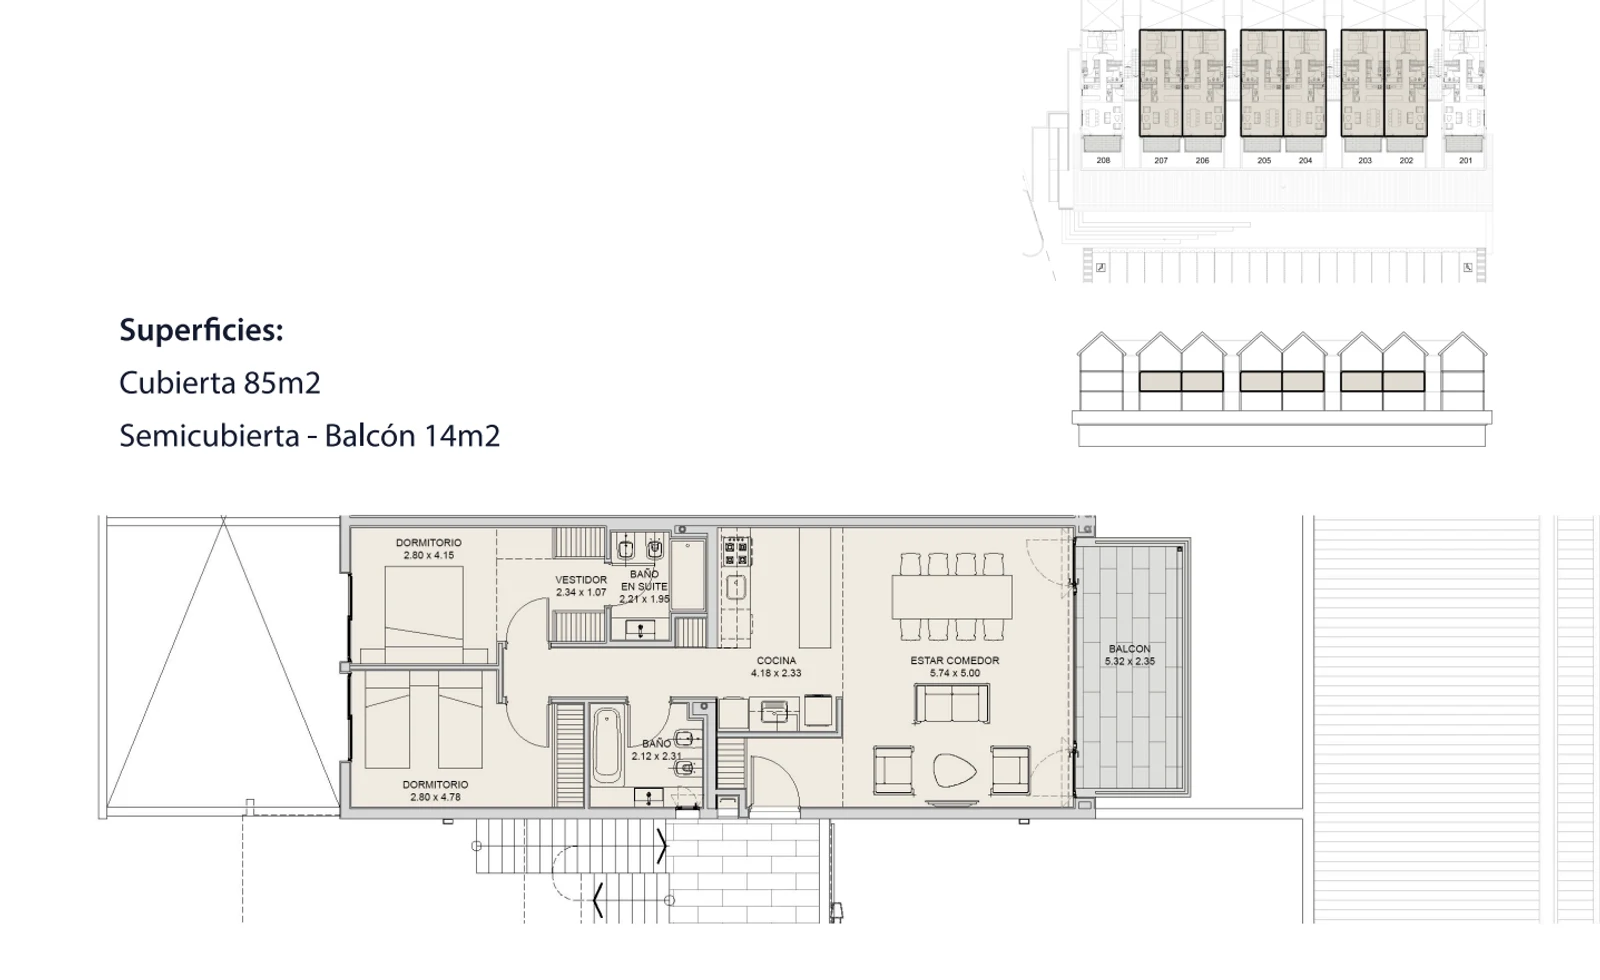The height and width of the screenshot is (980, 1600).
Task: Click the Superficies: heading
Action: click(201, 330)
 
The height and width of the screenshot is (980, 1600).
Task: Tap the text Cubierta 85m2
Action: click(220, 383)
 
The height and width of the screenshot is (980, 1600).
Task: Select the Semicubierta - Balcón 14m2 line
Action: click(310, 436)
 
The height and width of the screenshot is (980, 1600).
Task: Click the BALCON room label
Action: click(1129, 649)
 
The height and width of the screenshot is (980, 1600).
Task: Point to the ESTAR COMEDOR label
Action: click(954, 661)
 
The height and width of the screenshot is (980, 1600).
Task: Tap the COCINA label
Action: click(776, 661)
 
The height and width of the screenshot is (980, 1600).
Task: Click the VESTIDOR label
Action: click(581, 580)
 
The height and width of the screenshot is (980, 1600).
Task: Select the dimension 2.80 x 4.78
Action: click(435, 797)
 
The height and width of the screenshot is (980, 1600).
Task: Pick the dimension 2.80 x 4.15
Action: click(429, 555)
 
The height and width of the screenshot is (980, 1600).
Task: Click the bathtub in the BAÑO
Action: click(606, 745)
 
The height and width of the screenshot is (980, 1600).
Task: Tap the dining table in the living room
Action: click(951, 597)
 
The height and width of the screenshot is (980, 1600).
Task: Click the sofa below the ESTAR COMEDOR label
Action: click(952, 704)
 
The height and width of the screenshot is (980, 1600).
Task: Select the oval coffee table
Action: click(954, 770)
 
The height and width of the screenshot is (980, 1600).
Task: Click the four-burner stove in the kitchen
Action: click(736, 554)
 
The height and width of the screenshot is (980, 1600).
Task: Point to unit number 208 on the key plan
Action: click(1103, 161)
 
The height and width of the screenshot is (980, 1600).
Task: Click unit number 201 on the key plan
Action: click(1465, 161)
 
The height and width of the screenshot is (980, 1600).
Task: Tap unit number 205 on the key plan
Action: click(1264, 161)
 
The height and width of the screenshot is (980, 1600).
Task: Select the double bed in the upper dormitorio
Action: click(424, 614)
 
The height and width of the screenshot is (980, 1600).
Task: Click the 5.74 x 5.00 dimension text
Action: click(955, 673)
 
